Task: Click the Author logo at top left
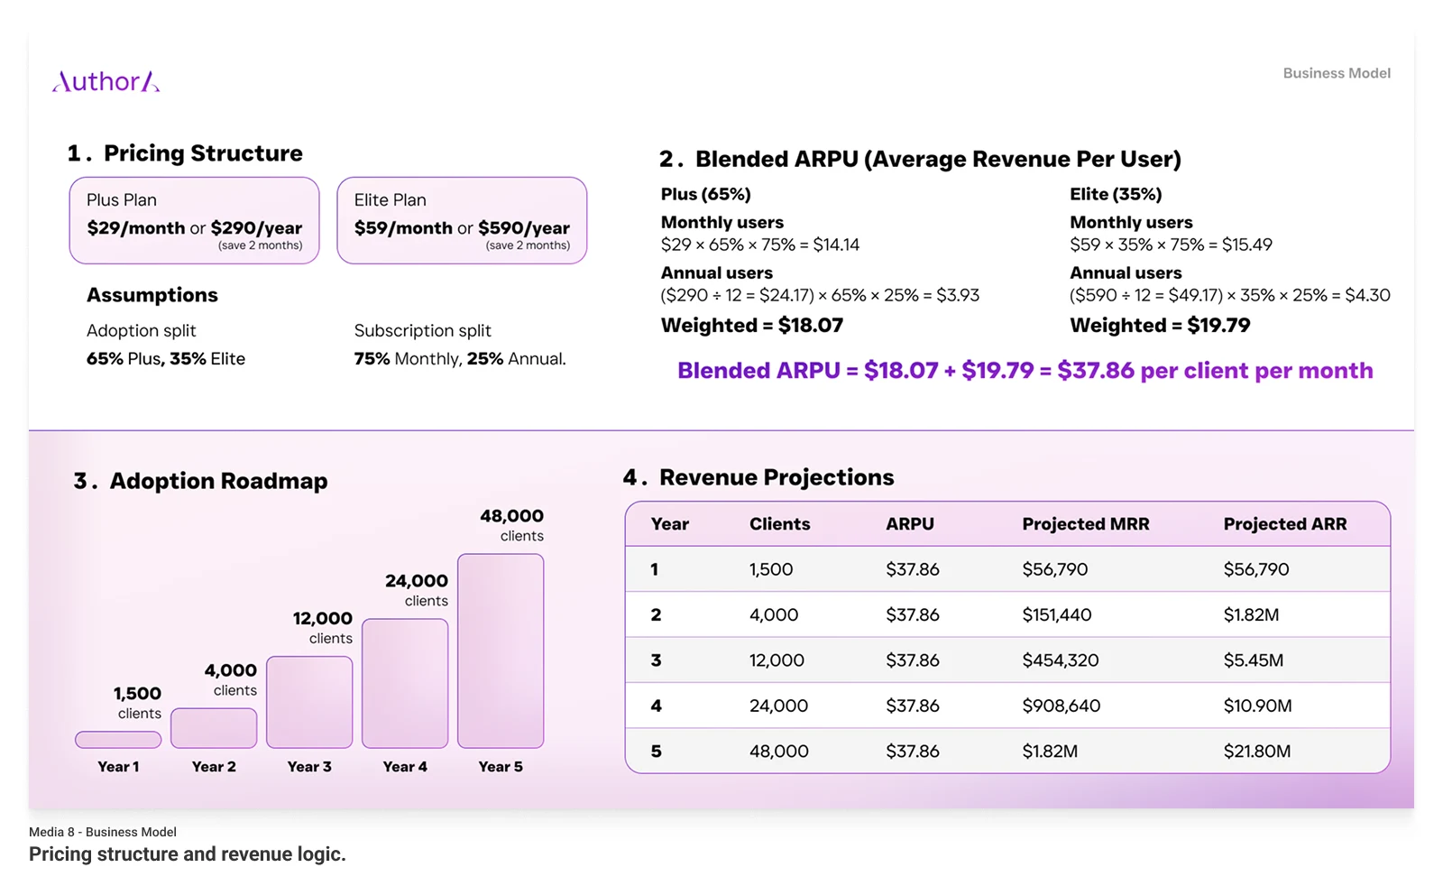click(x=106, y=82)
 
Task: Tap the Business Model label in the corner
click(x=1336, y=73)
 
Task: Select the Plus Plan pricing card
click(x=194, y=220)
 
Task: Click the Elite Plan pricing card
click(x=462, y=220)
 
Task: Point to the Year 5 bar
click(x=501, y=650)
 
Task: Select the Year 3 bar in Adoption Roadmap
click(x=309, y=702)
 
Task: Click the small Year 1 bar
click(x=118, y=740)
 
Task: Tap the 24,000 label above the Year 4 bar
click(x=417, y=581)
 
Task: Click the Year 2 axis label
click(x=214, y=767)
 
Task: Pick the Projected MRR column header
click(x=1085, y=524)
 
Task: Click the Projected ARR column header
click(x=1284, y=524)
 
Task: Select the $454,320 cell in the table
click(x=1060, y=660)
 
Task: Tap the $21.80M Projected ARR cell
click(x=1256, y=752)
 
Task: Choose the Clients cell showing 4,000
click(x=773, y=615)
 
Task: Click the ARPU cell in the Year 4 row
click(x=912, y=706)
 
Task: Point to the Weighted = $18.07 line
click(x=751, y=326)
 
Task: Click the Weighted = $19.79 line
click(x=1160, y=326)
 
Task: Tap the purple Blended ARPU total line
click(x=1025, y=371)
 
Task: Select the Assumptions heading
click(x=152, y=295)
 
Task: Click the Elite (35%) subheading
click(x=1115, y=194)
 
